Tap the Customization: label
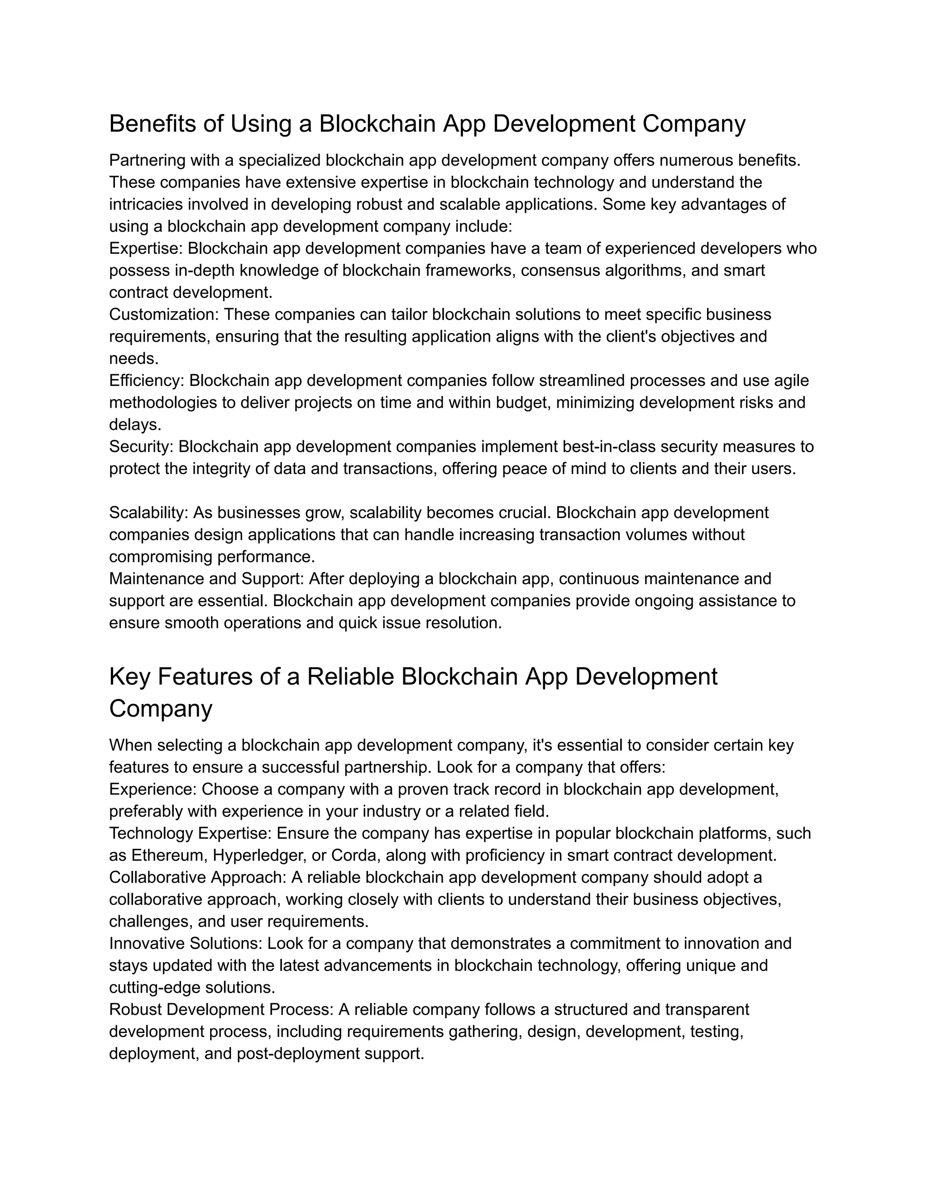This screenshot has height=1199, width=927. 164,314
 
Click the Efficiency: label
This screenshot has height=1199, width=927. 147,381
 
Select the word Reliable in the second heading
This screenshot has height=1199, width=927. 350,677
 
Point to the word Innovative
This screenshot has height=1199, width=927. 147,943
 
